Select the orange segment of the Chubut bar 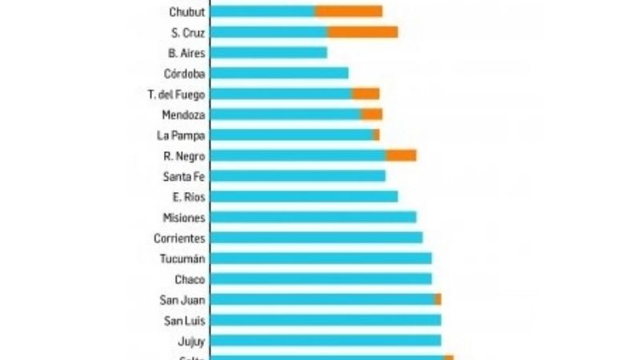(348, 11)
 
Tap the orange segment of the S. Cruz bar (362, 32)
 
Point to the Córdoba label (184, 74)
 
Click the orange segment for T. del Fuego (366, 94)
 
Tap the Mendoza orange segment (371, 114)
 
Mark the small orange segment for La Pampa (377, 135)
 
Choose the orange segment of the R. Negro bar (401, 155)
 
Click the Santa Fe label (183, 176)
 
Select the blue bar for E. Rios (304, 197)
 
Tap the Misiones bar (314, 218)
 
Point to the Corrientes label (179, 238)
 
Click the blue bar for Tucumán (321, 258)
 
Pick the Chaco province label (190, 279)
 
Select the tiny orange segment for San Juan (438, 299)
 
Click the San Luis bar (326, 320)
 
